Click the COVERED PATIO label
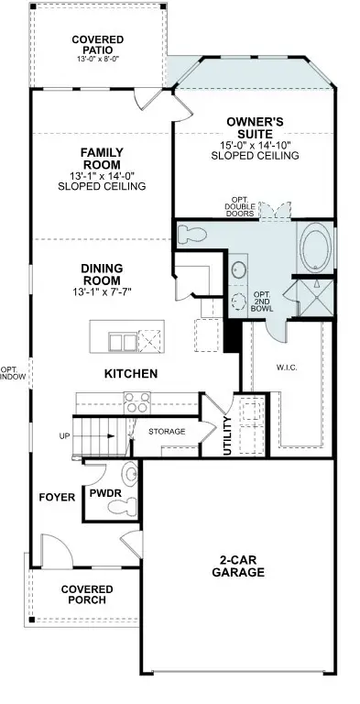98,45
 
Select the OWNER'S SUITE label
255,127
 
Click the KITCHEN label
131,374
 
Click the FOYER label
56,498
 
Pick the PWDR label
101,493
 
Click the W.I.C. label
287,369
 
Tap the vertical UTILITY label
226,436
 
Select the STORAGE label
167,431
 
